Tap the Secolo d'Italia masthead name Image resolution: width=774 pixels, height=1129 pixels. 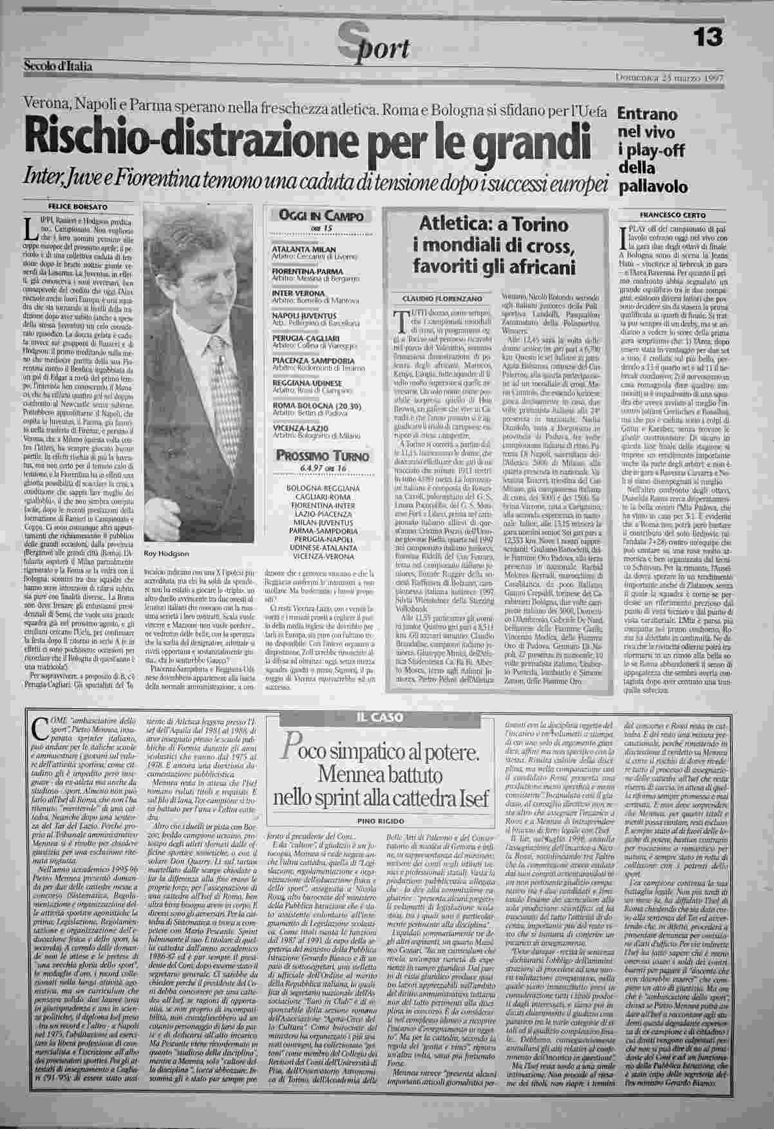pyautogui.click(x=57, y=66)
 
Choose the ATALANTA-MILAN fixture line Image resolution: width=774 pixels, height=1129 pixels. pyautogui.click(x=300, y=248)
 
